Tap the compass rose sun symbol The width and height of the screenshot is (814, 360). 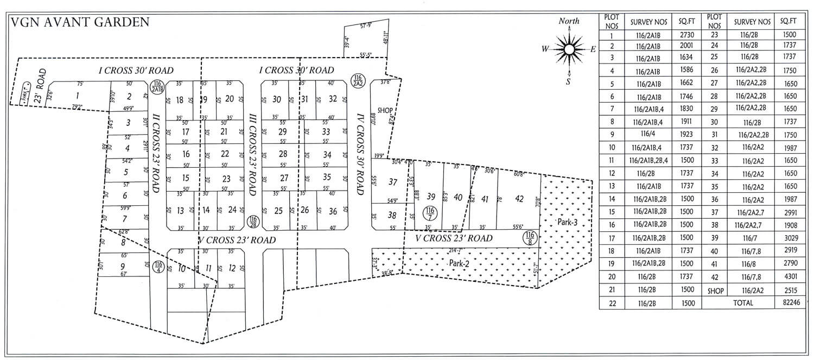click(569, 49)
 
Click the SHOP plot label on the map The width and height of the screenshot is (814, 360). click(385, 110)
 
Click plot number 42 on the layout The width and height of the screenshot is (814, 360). click(519, 199)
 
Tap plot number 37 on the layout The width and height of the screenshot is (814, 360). click(392, 182)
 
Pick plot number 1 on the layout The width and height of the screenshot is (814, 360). click(78, 96)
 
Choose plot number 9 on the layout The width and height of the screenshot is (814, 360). click(123, 266)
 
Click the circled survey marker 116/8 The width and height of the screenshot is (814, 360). click(530, 238)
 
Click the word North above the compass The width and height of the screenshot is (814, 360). click(569, 21)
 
